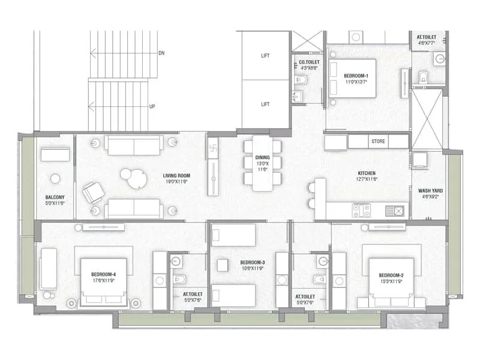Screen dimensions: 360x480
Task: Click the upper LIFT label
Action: click(265, 56)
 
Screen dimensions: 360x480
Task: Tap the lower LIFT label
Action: click(265, 104)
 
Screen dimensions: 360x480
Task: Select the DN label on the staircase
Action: click(161, 53)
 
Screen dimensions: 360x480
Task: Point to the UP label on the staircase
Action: click(152, 106)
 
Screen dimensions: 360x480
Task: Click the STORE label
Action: click(378, 142)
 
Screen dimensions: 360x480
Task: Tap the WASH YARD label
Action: click(430, 191)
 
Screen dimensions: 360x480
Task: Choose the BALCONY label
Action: click(55, 197)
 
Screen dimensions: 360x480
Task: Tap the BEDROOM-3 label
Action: click(253, 263)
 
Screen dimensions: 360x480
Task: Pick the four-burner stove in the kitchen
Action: click(362, 211)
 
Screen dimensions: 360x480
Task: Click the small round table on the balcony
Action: click(55, 178)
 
